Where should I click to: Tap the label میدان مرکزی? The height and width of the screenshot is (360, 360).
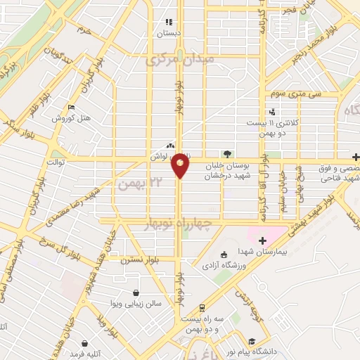pyautogui.click(x=179, y=61)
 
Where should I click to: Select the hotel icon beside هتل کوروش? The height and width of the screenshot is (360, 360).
pyautogui.click(x=72, y=107)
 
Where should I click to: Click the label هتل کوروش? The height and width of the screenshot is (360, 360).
pyautogui.click(x=72, y=118)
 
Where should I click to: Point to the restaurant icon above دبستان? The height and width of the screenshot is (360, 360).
pyautogui.click(x=168, y=22)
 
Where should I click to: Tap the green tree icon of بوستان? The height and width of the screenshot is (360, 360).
pyautogui.click(x=226, y=153)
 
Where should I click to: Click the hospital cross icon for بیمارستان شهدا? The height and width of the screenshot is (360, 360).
pyautogui.click(x=262, y=241)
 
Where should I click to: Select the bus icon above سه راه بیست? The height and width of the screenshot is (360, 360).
pyautogui.click(x=202, y=308)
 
